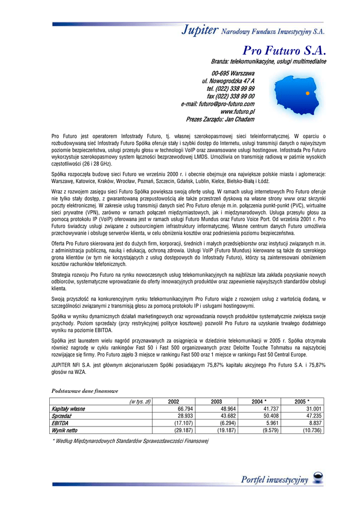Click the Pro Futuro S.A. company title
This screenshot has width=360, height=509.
[284, 50]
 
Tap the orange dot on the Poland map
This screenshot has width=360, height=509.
[308, 93]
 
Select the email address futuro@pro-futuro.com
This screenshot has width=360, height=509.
[218, 104]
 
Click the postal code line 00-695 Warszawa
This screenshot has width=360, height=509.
[233, 73]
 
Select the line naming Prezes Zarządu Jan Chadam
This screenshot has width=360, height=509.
[220, 119]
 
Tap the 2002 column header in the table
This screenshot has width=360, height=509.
[174, 402]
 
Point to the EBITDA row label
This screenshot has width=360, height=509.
[60, 423]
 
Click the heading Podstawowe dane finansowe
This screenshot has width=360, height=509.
[85, 391]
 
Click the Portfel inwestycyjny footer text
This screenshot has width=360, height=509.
[274, 480]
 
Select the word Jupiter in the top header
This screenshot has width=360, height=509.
[199, 31]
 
